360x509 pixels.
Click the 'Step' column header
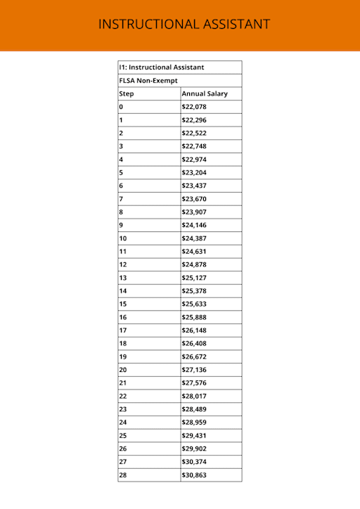tap(127, 94)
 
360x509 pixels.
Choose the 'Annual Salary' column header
tap(205, 94)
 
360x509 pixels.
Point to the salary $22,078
tap(194, 107)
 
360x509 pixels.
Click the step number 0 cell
tap(121, 107)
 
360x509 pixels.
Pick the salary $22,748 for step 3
tap(194, 146)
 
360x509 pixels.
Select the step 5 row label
tap(121, 172)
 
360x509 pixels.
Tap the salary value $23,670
tap(194, 199)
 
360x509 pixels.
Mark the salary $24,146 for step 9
tap(194, 225)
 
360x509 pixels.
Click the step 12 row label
tap(123, 264)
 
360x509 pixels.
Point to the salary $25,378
tap(194, 291)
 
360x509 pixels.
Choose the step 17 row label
tap(123, 330)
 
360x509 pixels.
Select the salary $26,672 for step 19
tap(194, 356)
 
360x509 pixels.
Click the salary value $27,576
tap(194, 383)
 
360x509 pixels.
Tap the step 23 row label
tap(123, 409)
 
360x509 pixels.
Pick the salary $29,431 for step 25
tap(194, 436)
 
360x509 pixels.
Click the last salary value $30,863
tap(194, 475)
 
